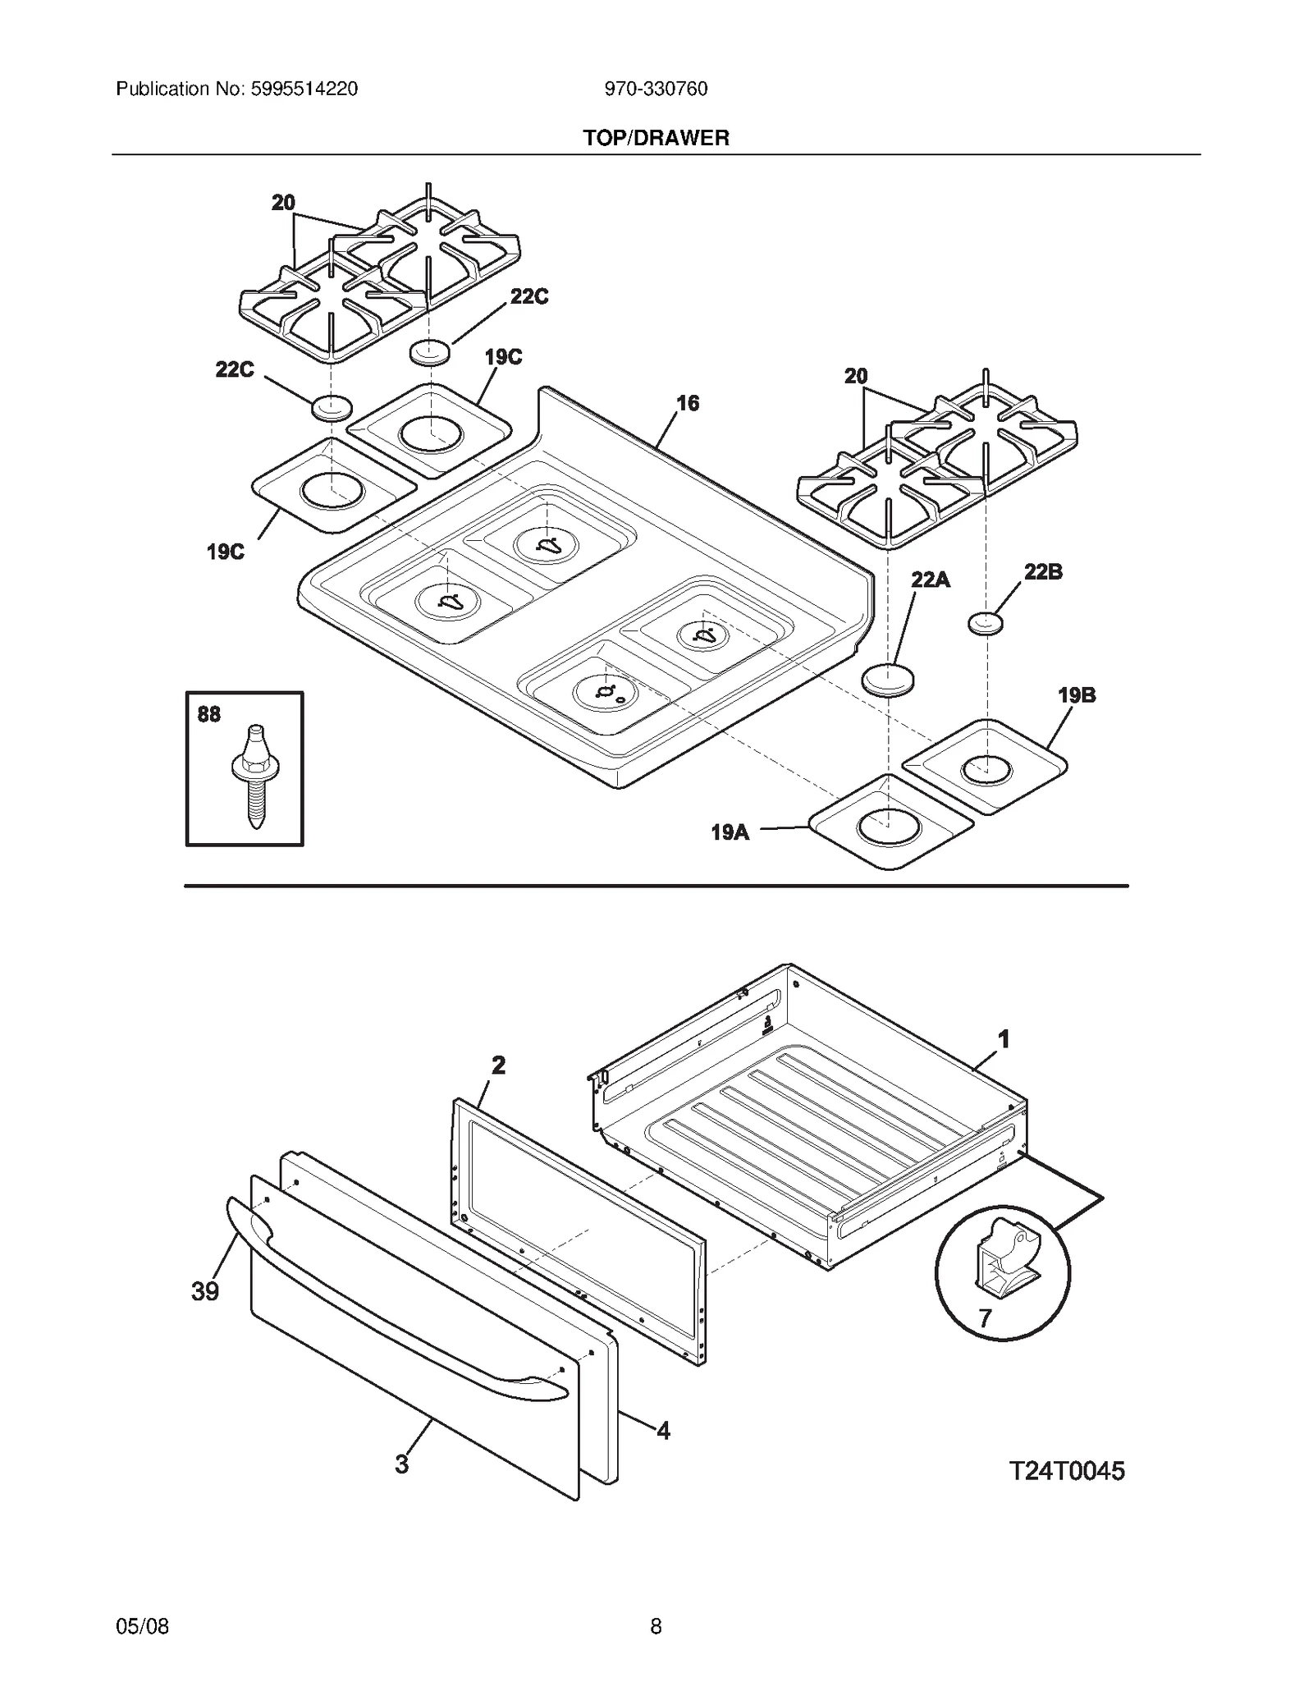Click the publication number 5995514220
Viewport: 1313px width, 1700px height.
[301, 89]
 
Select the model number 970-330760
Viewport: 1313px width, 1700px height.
[656, 89]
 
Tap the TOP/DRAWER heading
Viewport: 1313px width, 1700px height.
[656, 138]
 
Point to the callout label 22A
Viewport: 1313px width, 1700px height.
[930, 580]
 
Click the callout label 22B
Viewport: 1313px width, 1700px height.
[1042, 572]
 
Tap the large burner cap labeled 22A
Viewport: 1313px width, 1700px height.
[887, 680]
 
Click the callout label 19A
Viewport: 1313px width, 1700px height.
[730, 832]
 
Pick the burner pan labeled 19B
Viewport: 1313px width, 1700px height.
[985, 767]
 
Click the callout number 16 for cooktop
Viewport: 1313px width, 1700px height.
[688, 403]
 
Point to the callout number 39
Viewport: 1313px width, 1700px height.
[205, 1291]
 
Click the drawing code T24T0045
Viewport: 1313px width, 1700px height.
[1066, 1471]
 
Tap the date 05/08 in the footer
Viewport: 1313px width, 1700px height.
[143, 1626]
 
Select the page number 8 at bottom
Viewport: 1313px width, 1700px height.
[656, 1626]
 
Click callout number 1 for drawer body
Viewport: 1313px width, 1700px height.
[1003, 1040]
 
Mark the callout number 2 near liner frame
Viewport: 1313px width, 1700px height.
[498, 1065]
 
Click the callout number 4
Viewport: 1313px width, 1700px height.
[663, 1431]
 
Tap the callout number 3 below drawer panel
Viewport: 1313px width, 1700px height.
[401, 1464]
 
